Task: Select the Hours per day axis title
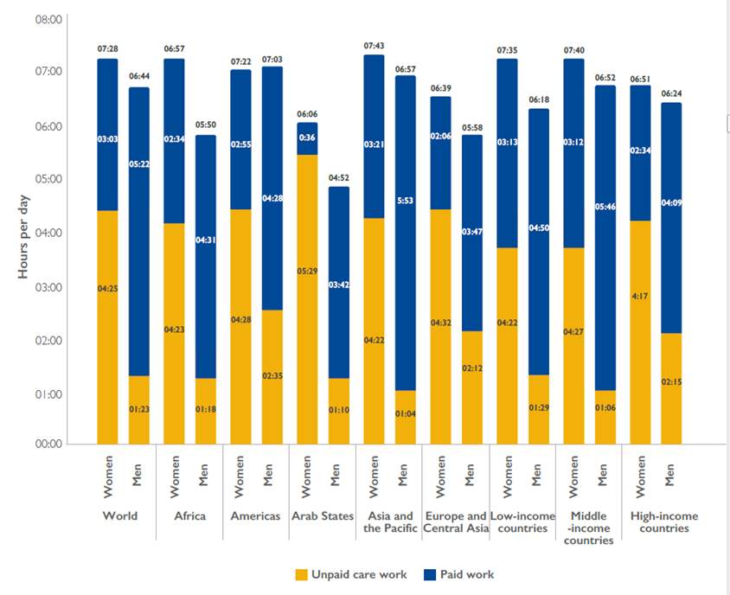click(x=23, y=233)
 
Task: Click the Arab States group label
click(x=323, y=516)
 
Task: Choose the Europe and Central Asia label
click(x=455, y=522)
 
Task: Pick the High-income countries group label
click(x=663, y=522)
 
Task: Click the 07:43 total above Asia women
click(x=375, y=45)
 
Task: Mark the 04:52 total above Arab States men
click(x=338, y=177)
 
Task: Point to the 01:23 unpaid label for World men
click(x=140, y=407)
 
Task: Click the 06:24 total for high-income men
click(x=672, y=93)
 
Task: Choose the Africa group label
click(x=189, y=516)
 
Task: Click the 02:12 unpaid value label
click(x=471, y=368)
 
